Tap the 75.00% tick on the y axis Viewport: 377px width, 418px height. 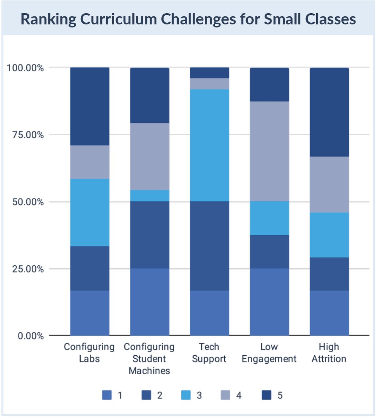25,135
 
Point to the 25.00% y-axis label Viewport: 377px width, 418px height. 25,269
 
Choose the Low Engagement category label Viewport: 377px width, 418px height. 269,353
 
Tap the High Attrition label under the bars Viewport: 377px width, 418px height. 329,353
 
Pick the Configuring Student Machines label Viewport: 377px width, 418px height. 149,358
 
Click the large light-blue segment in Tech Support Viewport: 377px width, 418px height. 210,145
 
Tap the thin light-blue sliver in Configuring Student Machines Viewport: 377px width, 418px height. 149,196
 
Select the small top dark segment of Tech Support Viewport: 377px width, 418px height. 210,73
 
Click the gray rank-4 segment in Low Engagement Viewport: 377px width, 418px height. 269,151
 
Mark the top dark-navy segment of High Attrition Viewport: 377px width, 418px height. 329,112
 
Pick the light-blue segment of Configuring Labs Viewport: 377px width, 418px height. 90,213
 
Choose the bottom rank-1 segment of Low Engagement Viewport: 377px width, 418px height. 269,302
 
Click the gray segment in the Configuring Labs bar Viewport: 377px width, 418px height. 90,162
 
